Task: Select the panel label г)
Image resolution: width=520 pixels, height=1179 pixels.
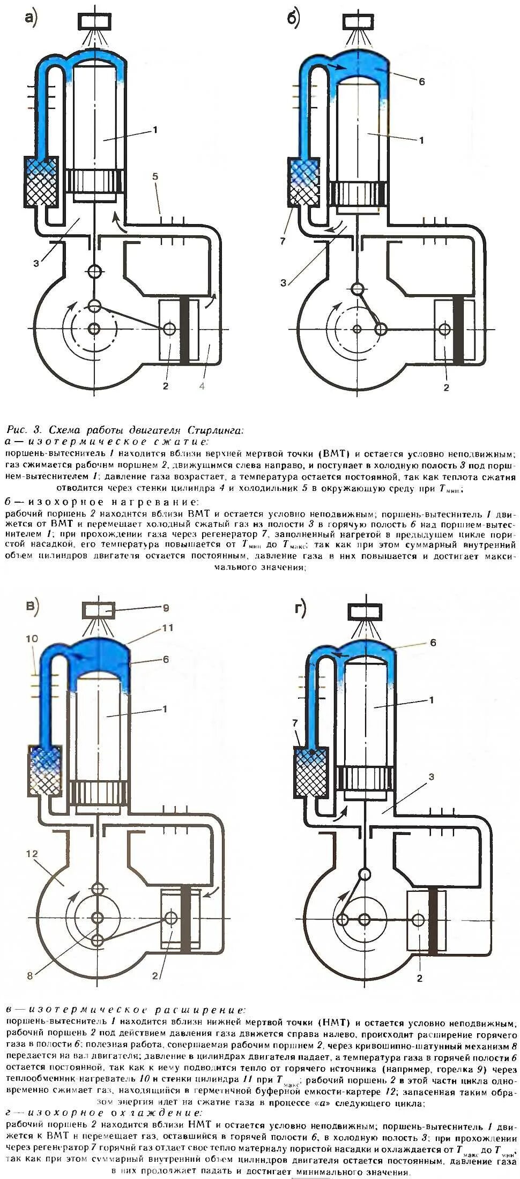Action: tap(300, 609)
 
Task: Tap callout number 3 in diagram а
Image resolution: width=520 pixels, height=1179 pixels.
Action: tap(36, 263)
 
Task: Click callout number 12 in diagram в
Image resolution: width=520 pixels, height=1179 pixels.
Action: tap(32, 853)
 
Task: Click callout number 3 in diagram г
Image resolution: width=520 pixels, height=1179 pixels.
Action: tap(430, 776)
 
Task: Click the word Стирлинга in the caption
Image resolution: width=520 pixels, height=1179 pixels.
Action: tap(215, 430)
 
